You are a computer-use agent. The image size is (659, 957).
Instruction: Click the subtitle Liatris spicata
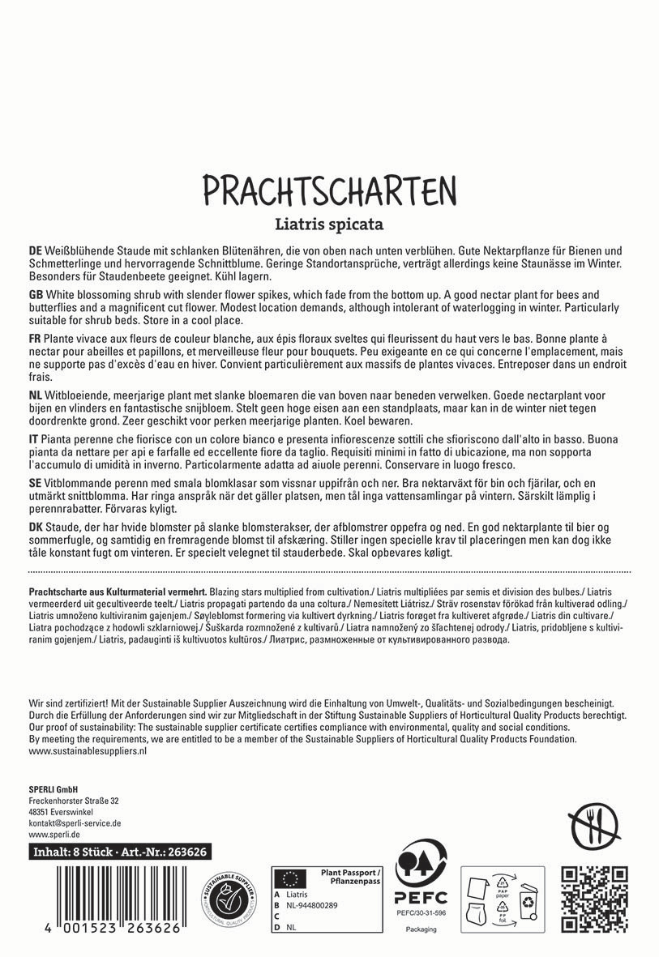tap(329, 223)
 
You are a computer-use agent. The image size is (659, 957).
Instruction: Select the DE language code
tap(35, 252)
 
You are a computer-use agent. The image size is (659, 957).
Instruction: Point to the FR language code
tap(35, 336)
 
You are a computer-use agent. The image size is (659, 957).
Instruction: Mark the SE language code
tap(35, 481)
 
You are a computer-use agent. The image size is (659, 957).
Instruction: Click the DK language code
tap(36, 526)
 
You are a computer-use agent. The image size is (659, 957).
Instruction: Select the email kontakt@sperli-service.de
tap(75, 822)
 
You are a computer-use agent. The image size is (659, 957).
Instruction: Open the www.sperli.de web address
tap(53, 834)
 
